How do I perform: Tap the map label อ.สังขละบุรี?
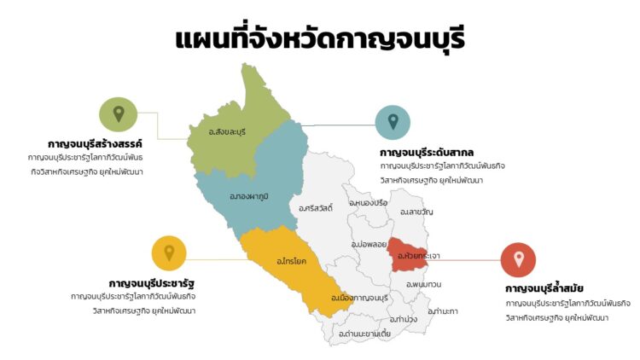tap(227, 131)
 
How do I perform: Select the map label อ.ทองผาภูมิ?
tap(249, 196)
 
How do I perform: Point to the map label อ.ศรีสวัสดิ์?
tap(316, 207)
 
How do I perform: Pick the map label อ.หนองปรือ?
tap(368, 203)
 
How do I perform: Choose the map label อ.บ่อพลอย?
tap(369, 244)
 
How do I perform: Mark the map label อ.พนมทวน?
tap(423, 283)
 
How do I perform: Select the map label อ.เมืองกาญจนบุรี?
tap(364, 298)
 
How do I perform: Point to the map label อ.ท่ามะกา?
tap(443, 311)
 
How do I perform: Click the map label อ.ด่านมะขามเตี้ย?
tap(364, 334)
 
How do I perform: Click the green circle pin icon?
tap(119, 114)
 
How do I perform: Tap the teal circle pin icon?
tap(393, 123)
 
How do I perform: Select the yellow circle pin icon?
tap(169, 253)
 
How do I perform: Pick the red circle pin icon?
tap(518, 259)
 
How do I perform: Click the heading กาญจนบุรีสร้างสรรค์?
tap(95, 144)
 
